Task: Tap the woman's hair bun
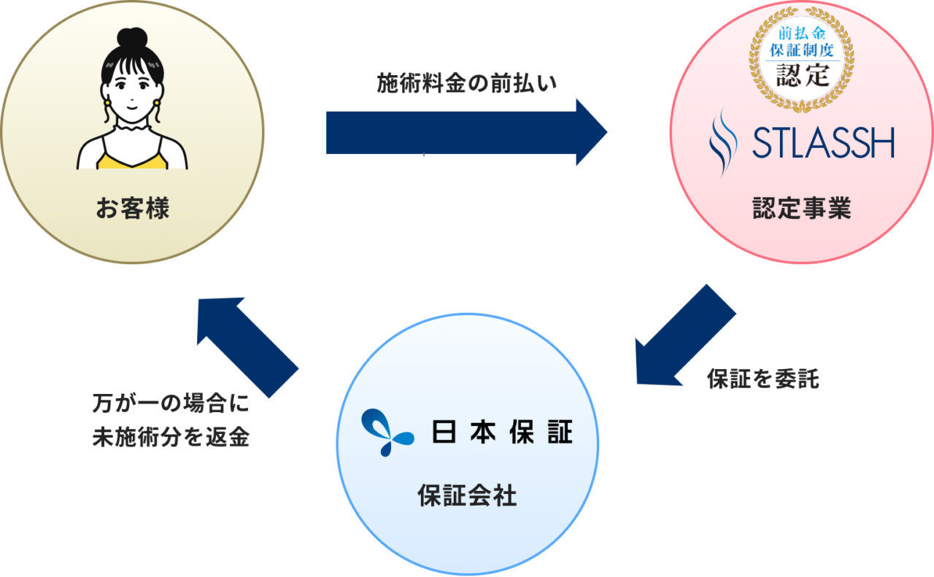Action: click(132, 38)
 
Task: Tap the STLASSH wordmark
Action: click(823, 144)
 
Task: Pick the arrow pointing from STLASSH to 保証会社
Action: click(682, 336)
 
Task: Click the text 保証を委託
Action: click(763, 379)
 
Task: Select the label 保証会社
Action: click(467, 497)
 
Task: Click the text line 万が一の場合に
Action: click(171, 403)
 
